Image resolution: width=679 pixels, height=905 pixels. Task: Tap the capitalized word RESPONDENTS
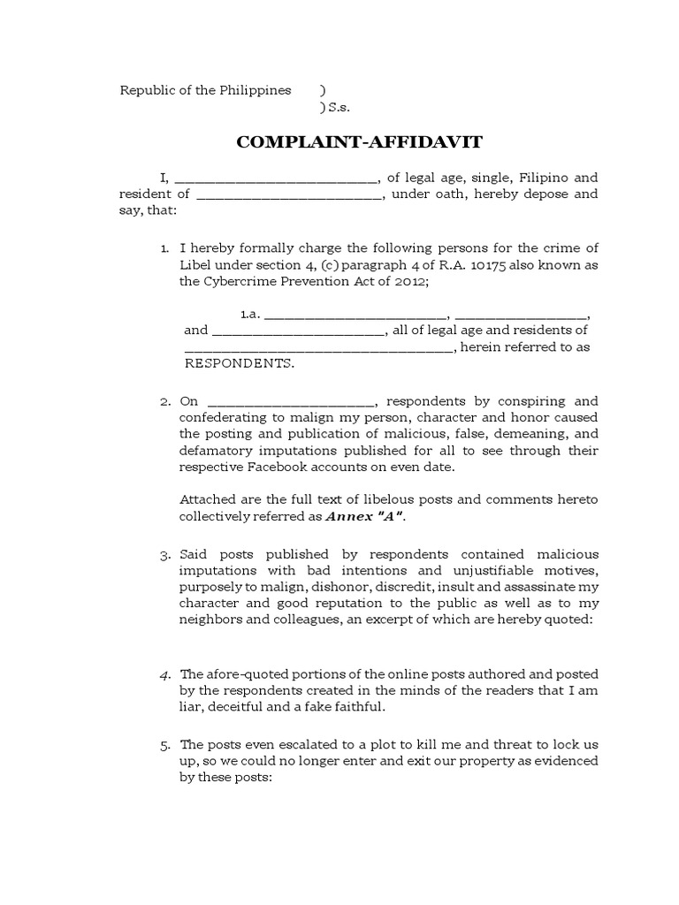[x=239, y=363]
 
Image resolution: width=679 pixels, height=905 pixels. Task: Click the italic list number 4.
[x=164, y=674]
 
